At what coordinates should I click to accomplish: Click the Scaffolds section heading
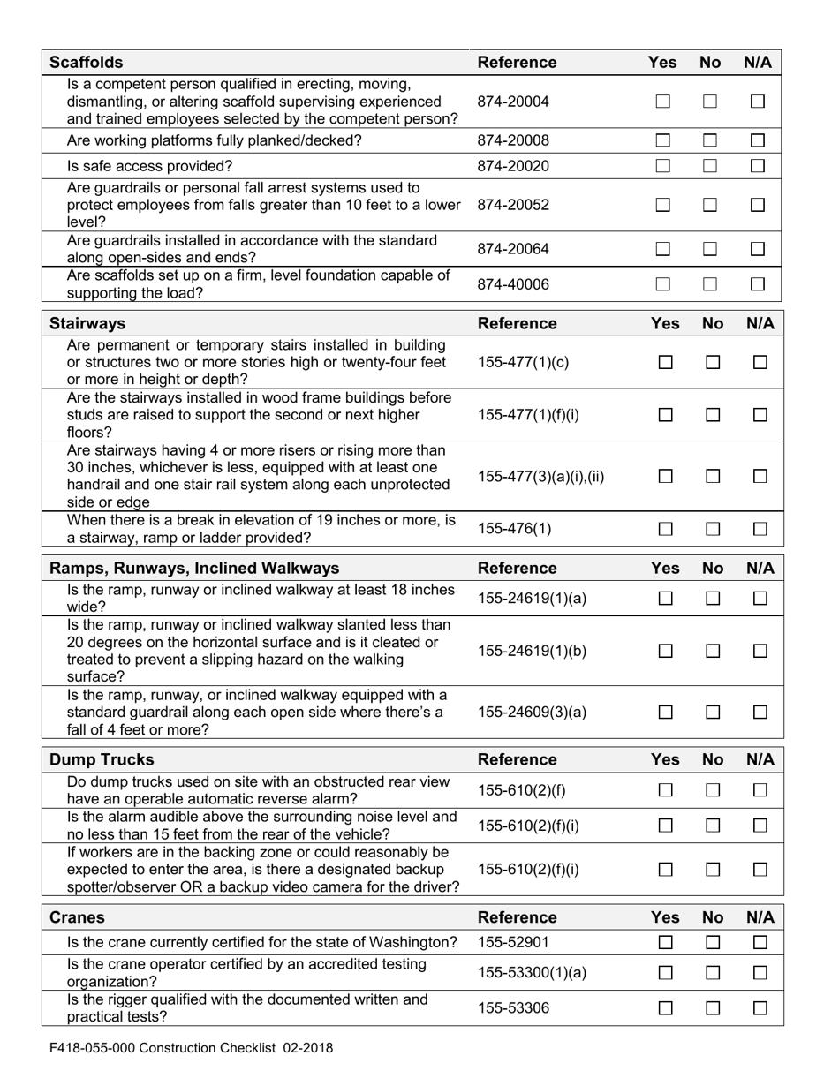(87, 63)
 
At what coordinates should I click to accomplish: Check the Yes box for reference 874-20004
(663, 102)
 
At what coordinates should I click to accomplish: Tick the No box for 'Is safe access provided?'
(710, 166)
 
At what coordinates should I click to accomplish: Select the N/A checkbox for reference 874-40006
(757, 284)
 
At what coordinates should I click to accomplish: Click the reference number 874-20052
(513, 205)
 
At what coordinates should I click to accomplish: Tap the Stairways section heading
(87, 323)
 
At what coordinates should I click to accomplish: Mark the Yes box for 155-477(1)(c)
(666, 363)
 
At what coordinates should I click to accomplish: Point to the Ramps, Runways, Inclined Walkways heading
(194, 568)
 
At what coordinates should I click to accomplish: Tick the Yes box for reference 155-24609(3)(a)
(666, 712)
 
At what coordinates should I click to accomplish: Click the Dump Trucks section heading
(102, 759)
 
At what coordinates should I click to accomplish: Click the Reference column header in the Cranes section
(517, 917)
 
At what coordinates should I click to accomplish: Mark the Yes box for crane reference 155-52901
(666, 943)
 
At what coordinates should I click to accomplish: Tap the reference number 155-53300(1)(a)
(531, 973)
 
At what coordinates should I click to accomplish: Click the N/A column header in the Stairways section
(760, 323)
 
